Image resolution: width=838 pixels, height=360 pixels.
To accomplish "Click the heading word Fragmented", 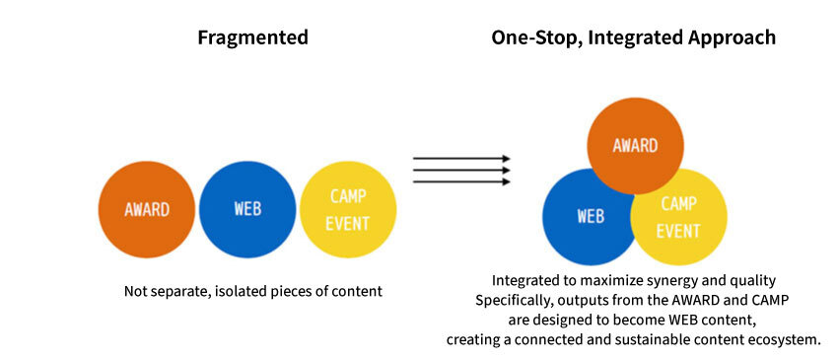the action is [252, 38].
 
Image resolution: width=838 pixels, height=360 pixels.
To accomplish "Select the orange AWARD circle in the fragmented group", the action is [147, 209].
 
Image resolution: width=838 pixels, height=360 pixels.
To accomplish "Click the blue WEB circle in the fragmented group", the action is [247, 209].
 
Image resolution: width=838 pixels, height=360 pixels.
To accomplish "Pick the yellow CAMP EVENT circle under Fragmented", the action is [348, 209].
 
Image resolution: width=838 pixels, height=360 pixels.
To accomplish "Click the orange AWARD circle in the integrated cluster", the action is [636, 146].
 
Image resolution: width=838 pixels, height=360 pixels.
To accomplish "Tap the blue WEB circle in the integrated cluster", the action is [591, 217].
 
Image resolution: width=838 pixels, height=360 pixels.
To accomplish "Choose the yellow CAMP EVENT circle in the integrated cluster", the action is [678, 217].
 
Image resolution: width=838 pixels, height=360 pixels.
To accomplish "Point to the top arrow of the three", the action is [461, 159].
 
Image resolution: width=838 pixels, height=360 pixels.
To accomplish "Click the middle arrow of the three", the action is [461, 170].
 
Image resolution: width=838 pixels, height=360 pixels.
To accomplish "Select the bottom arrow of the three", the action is [461, 181].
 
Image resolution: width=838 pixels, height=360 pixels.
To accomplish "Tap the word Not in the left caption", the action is [134, 292].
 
